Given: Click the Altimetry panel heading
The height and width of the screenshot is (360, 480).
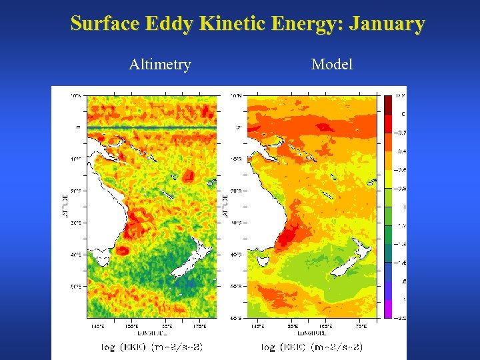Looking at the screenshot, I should (x=159, y=65).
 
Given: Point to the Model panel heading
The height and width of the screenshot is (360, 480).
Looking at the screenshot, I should (x=331, y=65).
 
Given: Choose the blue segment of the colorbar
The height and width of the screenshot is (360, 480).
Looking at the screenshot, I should (x=387, y=281).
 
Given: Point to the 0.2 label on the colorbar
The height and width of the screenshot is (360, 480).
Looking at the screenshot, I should (x=401, y=96).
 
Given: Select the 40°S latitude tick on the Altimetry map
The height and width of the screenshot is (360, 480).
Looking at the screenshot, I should (x=77, y=254).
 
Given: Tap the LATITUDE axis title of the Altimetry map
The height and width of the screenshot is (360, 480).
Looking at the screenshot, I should (x=65, y=207).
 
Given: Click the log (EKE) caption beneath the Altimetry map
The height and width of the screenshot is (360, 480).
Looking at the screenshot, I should (x=152, y=347).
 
